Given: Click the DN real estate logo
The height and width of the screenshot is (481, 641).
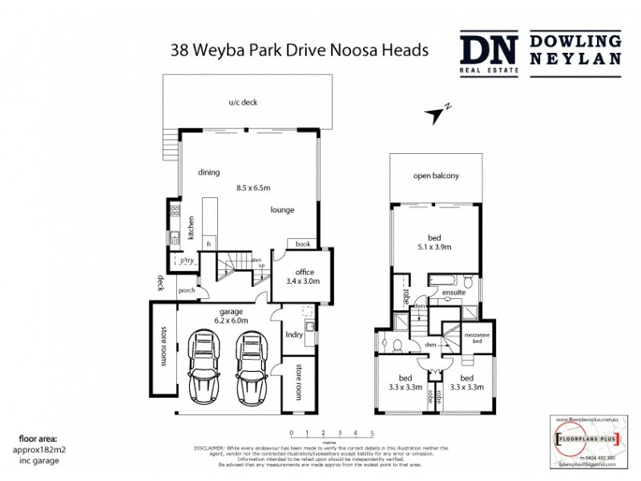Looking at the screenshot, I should point(490,53).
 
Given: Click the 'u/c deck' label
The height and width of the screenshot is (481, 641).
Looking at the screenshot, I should point(243,103).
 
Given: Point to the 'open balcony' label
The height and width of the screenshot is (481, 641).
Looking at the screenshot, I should point(436,176).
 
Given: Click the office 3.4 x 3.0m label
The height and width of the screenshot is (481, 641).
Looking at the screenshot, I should point(303,277).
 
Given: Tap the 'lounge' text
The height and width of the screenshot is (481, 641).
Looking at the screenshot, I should point(282,210).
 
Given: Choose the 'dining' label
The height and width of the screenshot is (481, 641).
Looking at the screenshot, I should point(209,172).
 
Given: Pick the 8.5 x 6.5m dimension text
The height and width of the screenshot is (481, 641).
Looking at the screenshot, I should point(252,188).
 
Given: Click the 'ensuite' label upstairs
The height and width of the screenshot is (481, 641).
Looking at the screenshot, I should point(454,293).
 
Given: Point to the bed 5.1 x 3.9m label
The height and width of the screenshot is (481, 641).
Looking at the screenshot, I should point(434,243).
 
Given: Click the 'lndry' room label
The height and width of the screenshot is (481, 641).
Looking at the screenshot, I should point(294,334).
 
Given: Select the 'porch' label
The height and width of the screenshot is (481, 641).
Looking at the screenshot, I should point(187,290).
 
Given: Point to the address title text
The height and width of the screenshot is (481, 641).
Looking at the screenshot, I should point(300,50).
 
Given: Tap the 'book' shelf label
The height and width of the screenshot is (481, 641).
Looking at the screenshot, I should point(303,244).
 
